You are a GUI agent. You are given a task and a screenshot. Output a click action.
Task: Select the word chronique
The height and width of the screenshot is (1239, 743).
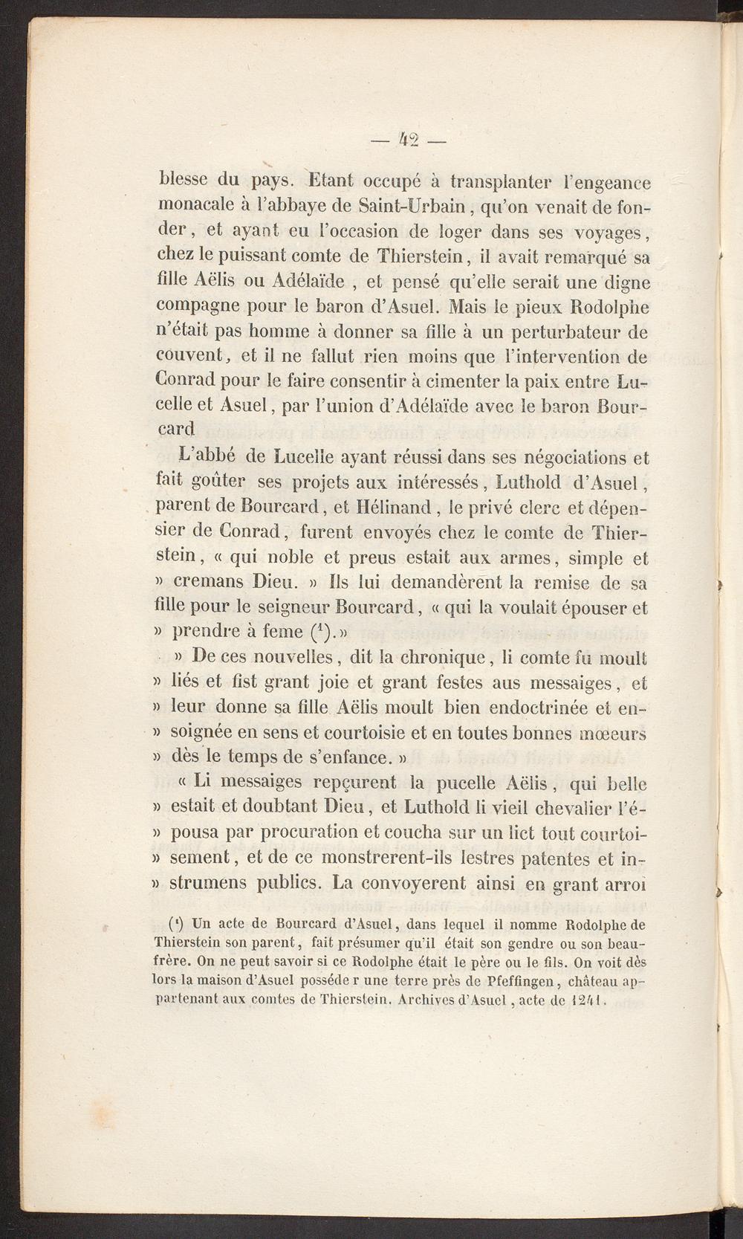coord(441,658)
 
